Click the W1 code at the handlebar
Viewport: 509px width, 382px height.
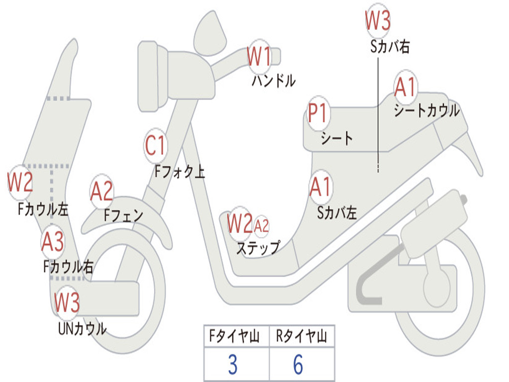pyautogui.click(x=258, y=56)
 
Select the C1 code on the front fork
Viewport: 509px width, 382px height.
pyautogui.click(x=156, y=145)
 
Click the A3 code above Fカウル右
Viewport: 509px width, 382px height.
pyautogui.click(x=53, y=241)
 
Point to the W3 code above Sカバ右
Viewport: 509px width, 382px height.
pyautogui.click(x=378, y=20)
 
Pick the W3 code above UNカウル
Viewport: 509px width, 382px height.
pyautogui.click(x=67, y=302)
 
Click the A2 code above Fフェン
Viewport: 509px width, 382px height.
pyautogui.click(x=101, y=191)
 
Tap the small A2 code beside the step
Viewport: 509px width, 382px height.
pyautogui.click(x=261, y=225)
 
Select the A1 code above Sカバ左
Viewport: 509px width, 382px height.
pyautogui.click(x=320, y=187)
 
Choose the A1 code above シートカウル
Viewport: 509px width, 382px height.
pyautogui.click(x=405, y=87)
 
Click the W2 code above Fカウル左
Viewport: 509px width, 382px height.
pyautogui.click(x=20, y=182)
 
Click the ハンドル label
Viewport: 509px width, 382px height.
pyautogui.click(x=274, y=81)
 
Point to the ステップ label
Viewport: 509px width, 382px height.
pyautogui.click(x=258, y=248)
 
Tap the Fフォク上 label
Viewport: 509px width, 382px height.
pyautogui.click(x=180, y=171)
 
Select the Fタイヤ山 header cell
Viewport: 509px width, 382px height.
pyautogui.click(x=235, y=336)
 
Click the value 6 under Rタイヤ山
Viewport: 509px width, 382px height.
pyautogui.click(x=298, y=365)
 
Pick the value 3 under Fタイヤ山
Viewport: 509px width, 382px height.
pyautogui.click(x=233, y=365)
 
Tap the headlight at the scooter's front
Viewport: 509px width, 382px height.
pyautogui.click(x=153, y=77)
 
